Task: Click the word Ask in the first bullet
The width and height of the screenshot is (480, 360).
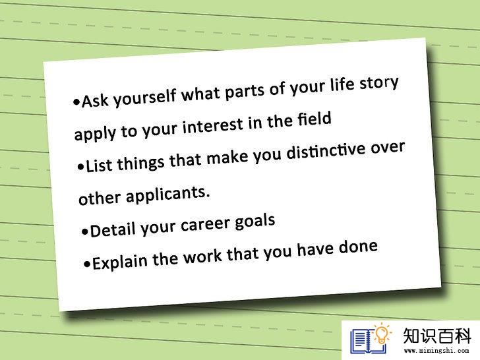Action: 95,100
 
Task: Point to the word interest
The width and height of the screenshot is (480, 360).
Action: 213,125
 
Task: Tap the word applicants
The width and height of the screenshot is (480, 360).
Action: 168,195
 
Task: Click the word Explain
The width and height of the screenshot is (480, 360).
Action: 120,262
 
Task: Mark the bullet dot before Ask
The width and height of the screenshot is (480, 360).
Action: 76,102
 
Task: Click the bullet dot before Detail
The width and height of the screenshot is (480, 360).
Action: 85,231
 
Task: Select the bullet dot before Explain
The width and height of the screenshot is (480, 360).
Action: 87,264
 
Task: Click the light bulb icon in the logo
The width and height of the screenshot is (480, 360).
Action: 381,334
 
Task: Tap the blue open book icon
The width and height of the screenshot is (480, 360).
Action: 367,342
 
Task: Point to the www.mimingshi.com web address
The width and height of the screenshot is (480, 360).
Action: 436,351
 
